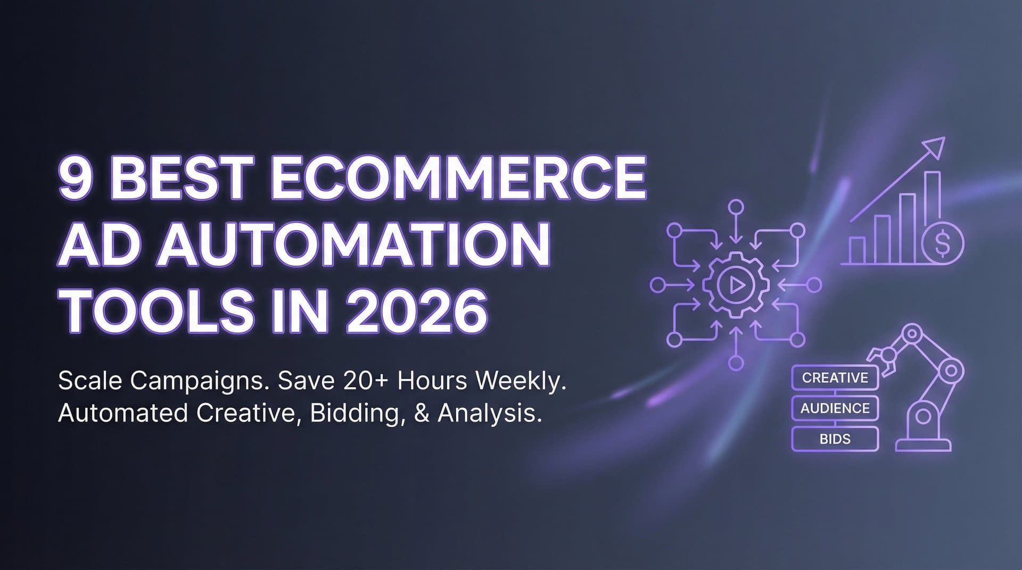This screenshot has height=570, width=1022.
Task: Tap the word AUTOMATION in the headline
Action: pyautogui.click(x=352, y=245)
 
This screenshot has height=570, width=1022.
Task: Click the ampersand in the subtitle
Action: pyautogui.click(x=421, y=413)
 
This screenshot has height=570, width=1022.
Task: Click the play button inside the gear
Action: pyautogui.click(x=736, y=286)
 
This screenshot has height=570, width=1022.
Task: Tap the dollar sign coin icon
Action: pyautogui.click(x=942, y=243)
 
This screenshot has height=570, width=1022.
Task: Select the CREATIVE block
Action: pyautogui.click(x=835, y=378)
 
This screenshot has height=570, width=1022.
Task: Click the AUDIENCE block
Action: pyautogui.click(x=835, y=408)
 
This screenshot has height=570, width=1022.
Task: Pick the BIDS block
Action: pyautogui.click(x=835, y=439)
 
